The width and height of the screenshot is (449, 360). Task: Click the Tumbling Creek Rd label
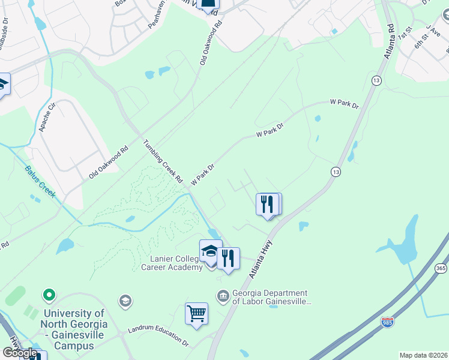click(x=163, y=161)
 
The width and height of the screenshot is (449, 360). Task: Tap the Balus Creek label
click(x=40, y=182)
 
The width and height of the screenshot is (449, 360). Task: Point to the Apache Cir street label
click(x=47, y=118)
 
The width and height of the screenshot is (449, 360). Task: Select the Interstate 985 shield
click(x=388, y=322)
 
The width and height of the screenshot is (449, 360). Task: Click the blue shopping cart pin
click(x=196, y=313)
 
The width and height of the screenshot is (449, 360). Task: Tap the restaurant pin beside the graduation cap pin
click(x=229, y=259)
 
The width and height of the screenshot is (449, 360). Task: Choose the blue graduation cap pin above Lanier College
click(x=211, y=252)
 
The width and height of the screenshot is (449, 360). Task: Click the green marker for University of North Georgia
click(x=49, y=295)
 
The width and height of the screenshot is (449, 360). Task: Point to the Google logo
click(x=20, y=352)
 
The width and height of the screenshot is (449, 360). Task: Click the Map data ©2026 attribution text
click(x=423, y=355)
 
